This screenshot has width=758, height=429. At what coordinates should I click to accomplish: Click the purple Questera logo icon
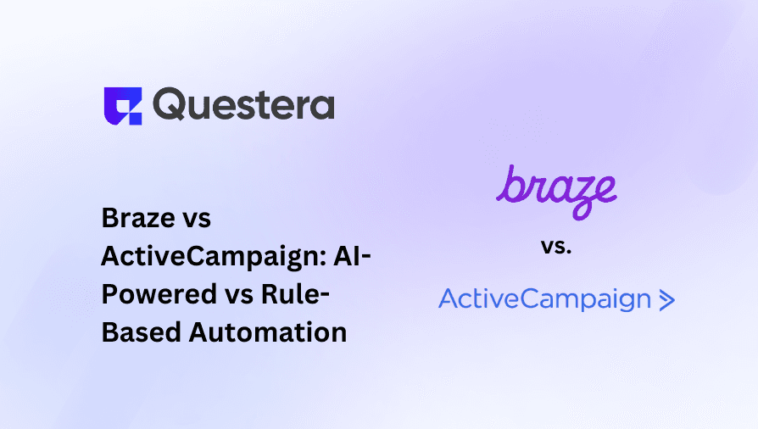coord(123,106)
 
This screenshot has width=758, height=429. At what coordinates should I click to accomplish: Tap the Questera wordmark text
coord(243,104)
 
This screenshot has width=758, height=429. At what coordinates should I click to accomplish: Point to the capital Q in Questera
coord(168,104)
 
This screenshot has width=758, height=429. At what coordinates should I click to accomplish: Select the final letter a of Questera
coord(321,107)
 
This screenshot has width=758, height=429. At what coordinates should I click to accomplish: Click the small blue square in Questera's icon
coord(135,119)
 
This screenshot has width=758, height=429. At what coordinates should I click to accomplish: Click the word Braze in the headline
coord(138,218)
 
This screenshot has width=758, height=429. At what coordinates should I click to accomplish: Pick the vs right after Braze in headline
coord(197,220)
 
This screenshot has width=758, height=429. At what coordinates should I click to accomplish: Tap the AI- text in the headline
coord(353,255)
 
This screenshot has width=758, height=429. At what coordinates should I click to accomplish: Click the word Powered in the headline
coord(159,294)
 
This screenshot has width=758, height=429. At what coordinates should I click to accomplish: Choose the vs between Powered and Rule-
coord(239,297)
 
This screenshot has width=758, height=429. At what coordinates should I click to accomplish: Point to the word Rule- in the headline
coord(295,294)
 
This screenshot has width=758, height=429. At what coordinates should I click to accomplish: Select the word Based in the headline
coord(142,332)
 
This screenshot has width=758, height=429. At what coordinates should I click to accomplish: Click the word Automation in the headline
coord(268,332)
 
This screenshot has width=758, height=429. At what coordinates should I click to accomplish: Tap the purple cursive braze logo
coord(556,192)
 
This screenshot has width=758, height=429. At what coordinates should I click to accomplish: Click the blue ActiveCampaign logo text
coord(545,299)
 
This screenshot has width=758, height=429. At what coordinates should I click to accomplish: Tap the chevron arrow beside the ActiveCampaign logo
coord(667,300)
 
